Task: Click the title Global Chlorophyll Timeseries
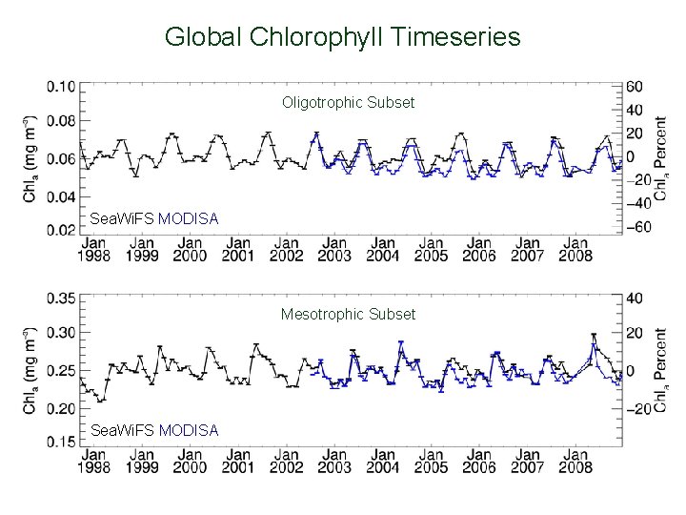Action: click(342, 37)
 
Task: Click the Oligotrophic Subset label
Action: click(348, 102)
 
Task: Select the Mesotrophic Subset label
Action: click(348, 314)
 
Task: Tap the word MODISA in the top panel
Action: click(189, 219)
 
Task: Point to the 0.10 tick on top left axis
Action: click(61, 87)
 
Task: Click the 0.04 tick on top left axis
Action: click(61, 197)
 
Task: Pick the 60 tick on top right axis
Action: click(636, 87)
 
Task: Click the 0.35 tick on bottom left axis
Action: click(61, 299)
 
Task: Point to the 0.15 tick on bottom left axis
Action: click(61, 442)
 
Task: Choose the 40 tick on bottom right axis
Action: click(636, 299)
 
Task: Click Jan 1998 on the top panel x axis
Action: click(93, 250)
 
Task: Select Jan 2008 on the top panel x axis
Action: click(575, 250)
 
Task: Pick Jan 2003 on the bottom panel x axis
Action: click(333, 462)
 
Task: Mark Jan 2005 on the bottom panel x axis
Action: click(431, 462)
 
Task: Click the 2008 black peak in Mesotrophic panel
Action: click(594, 336)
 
